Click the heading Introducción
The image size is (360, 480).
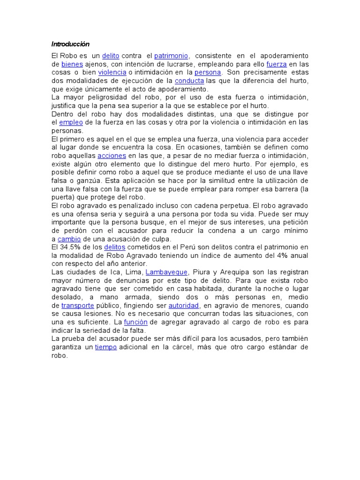point(70,44)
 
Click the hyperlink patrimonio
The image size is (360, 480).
point(171,56)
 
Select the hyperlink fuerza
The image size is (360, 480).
point(276,64)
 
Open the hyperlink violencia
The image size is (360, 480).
point(112,73)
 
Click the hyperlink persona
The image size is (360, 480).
point(208,73)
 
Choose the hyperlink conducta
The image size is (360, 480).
point(189,81)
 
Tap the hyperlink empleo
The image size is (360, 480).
point(70,122)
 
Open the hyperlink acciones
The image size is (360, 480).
point(112,156)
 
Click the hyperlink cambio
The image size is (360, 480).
point(69,239)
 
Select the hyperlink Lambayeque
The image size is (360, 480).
point(166,272)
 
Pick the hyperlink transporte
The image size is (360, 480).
point(75,305)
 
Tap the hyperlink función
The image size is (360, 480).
point(135,322)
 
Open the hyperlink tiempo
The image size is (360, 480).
point(106,347)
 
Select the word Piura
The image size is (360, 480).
point(203,272)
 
